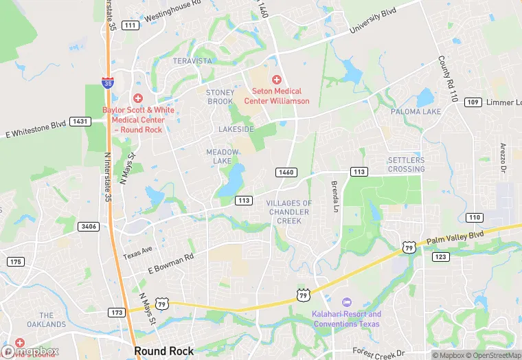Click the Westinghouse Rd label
[x=171, y=11]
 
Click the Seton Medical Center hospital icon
[x=277, y=80]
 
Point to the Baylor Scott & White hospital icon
[x=137, y=99]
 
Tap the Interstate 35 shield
[x=106, y=83]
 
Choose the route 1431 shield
[x=80, y=122]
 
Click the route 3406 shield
[x=89, y=226]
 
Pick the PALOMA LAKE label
[x=416, y=111]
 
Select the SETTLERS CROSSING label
[x=406, y=165]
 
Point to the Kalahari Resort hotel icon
[x=346, y=302]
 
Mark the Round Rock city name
[x=164, y=351]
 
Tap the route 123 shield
[x=440, y=257]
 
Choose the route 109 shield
[x=473, y=102]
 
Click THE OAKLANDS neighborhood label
[x=47, y=324]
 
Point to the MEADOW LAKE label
[x=223, y=156]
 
